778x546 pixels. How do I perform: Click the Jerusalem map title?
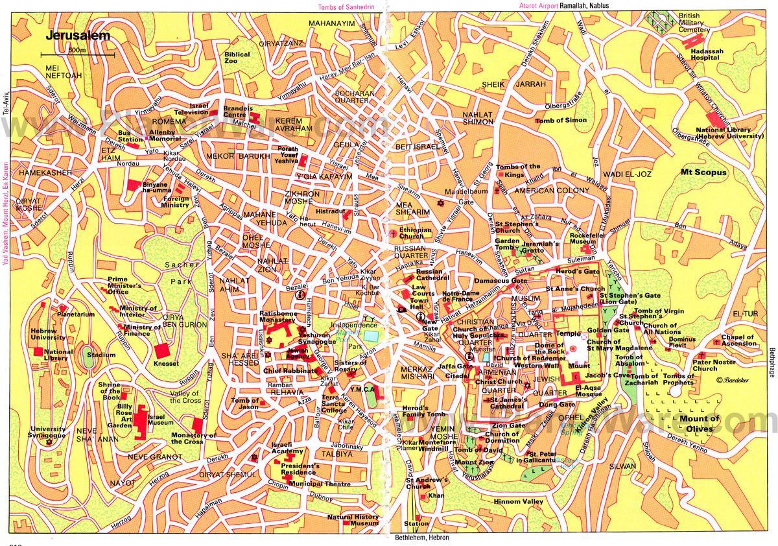73,36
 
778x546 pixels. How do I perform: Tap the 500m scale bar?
77,54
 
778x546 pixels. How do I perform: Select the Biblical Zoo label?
237,58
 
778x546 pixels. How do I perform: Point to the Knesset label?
167,364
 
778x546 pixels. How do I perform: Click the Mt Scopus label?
703,172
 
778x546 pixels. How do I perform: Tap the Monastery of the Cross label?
193,438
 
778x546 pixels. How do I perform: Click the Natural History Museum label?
353,520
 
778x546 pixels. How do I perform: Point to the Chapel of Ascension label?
738,340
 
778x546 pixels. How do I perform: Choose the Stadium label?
100,355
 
